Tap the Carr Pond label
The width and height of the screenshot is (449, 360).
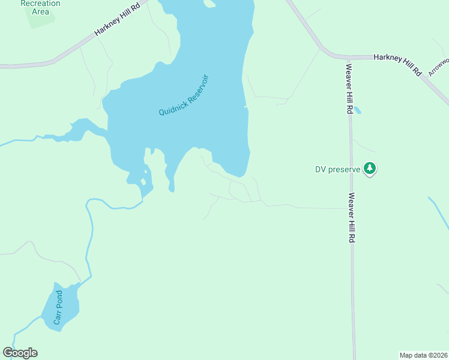(x=58, y=308)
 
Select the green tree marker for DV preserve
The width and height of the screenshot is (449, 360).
(x=370, y=169)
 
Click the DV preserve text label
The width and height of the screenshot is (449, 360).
(x=337, y=169)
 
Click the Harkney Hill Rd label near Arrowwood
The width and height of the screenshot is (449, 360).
(x=398, y=63)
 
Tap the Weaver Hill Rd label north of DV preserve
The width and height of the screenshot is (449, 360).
(x=348, y=88)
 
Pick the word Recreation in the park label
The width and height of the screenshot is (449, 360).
(x=40, y=3)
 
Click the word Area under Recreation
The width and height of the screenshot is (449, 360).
(x=40, y=11)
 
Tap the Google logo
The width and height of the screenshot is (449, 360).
(x=20, y=353)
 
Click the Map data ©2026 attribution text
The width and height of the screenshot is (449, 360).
(x=423, y=355)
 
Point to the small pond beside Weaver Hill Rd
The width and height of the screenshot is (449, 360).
(x=358, y=110)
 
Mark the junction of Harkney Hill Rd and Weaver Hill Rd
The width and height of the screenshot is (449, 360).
(x=348, y=58)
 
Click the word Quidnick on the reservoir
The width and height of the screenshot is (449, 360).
(x=173, y=106)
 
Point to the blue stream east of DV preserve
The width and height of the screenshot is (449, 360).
(x=439, y=212)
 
